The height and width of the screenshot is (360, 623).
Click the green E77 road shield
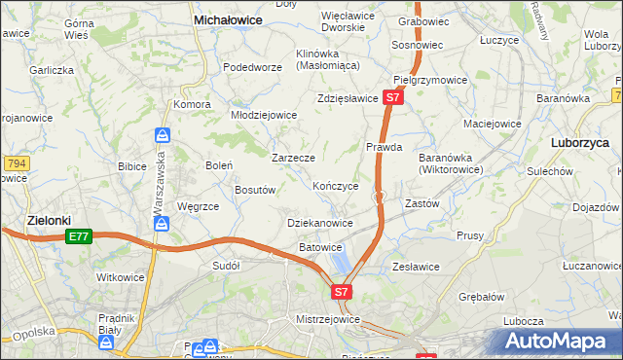pyautogui.click(x=79, y=236)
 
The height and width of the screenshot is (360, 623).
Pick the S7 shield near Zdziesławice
pyautogui.click(x=391, y=98)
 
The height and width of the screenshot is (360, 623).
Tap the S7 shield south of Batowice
pyautogui.click(x=341, y=291)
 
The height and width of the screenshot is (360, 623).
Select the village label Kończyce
pyautogui.click(x=336, y=185)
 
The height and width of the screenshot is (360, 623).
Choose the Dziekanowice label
pyautogui.click(x=320, y=223)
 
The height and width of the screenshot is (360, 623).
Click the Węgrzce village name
pyautogui.click(x=199, y=206)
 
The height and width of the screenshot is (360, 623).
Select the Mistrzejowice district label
pyautogui.click(x=328, y=319)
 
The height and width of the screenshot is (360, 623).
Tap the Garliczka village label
pyautogui.click(x=51, y=70)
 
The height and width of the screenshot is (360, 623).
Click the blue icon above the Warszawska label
pyautogui.click(x=163, y=135)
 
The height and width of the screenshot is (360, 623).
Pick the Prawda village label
pyautogui.click(x=385, y=147)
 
